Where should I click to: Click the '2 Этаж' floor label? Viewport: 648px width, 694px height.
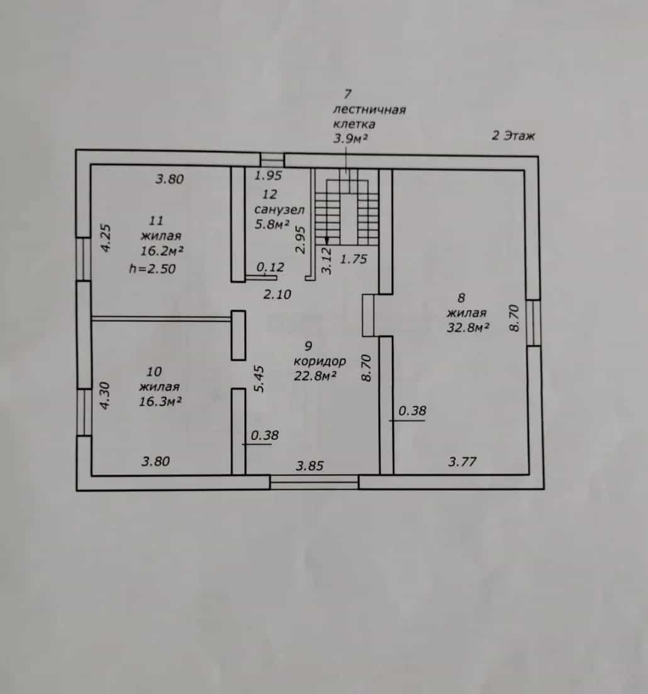[513, 135]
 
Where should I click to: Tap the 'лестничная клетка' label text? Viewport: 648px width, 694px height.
[369, 116]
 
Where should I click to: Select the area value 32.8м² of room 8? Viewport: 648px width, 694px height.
[467, 328]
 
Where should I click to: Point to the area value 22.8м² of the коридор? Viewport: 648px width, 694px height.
[315, 376]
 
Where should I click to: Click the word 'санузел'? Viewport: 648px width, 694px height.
[279, 209]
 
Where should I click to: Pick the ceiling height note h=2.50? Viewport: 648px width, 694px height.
[152, 268]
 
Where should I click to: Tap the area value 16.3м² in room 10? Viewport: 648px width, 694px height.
[160, 402]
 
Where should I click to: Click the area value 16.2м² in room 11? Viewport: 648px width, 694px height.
[162, 251]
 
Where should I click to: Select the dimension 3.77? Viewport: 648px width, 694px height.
[462, 462]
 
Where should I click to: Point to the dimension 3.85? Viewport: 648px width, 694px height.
[310, 466]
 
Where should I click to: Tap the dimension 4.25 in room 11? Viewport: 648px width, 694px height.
[106, 239]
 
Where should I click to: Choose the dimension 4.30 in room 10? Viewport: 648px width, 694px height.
[104, 395]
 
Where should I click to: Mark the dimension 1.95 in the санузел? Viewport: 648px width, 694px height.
[268, 176]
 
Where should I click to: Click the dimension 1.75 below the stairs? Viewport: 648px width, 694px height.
[354, 259]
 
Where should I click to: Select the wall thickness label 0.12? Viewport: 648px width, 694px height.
[270, 267]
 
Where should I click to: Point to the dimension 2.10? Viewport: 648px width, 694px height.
[277, 294]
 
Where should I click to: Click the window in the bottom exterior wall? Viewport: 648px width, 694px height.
[314, 482]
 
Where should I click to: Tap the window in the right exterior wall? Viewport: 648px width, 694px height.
[533, 322]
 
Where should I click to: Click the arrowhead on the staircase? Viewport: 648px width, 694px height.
[327, 240]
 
